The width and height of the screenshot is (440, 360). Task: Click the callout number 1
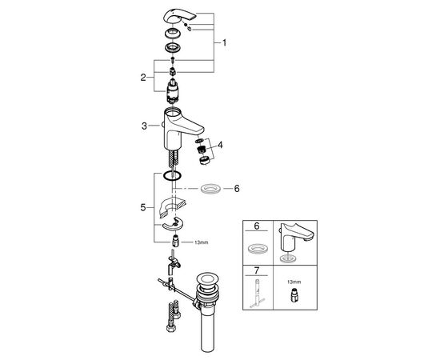224,43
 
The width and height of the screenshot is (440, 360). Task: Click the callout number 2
143,78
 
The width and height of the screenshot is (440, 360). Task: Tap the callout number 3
144,126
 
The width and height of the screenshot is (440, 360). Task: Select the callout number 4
220,145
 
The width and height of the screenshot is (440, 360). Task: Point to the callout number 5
143,208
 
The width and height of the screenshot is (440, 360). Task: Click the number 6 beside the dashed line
237,189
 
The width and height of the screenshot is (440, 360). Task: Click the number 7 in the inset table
257,270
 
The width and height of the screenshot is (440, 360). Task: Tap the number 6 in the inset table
257,226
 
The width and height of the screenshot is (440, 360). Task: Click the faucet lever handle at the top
178,16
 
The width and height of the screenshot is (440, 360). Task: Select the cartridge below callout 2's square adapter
173,91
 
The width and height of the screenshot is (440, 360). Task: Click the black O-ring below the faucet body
171,176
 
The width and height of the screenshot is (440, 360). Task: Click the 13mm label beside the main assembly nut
202,242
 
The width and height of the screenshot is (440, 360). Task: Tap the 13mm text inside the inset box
294,282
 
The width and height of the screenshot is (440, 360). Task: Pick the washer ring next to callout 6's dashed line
212,189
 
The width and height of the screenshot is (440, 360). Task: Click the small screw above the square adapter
173,60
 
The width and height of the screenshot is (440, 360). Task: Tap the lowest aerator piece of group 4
205,161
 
